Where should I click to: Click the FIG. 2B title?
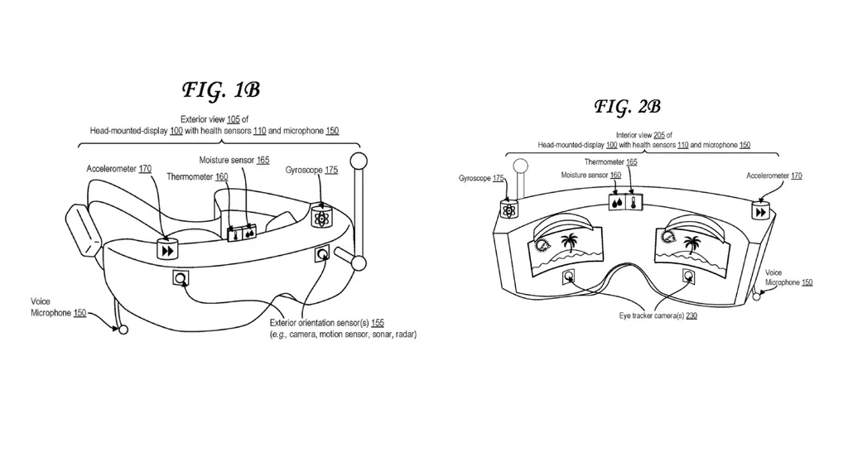[x=627, y=107]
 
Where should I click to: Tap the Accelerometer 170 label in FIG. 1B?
[x=119, y=169]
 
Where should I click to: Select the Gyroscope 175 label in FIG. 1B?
[x=311, y=170]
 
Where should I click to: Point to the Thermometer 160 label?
[x=197, y=176]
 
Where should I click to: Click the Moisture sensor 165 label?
[x=234, y=159]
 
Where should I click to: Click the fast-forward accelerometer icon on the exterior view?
[x=168, y=249]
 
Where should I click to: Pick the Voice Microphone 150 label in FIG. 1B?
[x=58, y=307]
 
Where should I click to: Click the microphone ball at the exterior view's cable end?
[x=123, y=330]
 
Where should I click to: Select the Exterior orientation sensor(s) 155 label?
[x=327, y=323]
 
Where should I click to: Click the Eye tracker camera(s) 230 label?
[x=658, y=316]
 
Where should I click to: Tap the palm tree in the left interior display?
[x=569, y=243]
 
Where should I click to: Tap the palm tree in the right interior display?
[x=691, y=243]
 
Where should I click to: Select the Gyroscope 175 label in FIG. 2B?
[x=481, y=178]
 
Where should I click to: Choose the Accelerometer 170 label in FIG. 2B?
[x=773, y=176]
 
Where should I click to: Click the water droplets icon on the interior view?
[x=617, y=201]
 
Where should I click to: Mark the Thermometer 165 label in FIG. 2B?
[x=610, y=162]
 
